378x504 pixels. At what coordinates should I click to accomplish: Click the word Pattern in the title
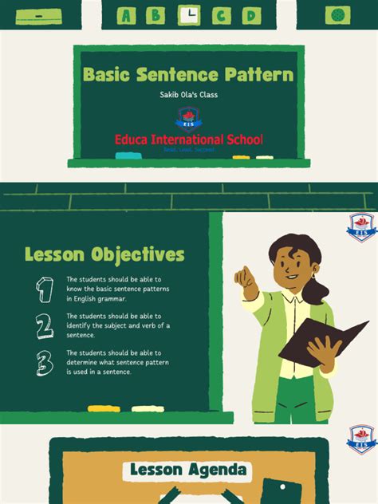coord(256,76)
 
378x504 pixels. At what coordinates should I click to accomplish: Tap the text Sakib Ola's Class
coord(189,96)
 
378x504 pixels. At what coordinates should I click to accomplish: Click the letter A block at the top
coord(127,14)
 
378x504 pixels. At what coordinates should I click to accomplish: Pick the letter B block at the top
coord(158,14)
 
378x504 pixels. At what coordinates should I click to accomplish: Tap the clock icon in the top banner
coord(189,14)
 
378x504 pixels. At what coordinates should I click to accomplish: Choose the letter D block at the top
coord(250,14)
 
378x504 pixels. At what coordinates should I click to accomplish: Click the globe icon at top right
coord(338,14)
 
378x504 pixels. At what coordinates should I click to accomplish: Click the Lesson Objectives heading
coord(104,255)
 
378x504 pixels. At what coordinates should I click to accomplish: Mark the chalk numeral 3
coord(45,363)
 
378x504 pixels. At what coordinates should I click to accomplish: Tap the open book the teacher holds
coord(323,339)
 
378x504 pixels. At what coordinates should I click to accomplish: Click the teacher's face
coord(288,266)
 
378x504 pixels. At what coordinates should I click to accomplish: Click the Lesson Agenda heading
coord(189,471)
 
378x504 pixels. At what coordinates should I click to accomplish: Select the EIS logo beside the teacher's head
coord(361,226)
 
